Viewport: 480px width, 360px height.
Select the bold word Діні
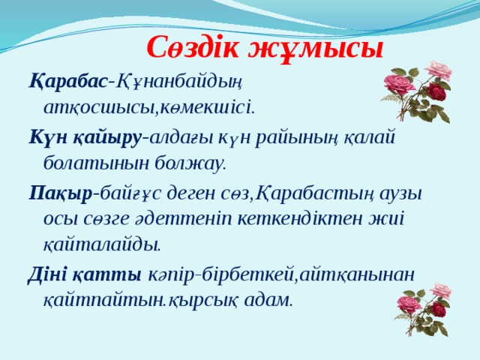point(49,274)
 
